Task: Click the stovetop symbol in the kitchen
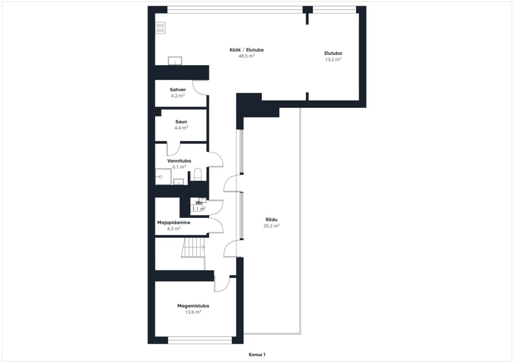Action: tap(160, 28)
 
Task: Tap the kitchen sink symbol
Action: tap(175, 61)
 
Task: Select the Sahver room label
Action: tap(178, 89)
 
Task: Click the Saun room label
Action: tap(181, 122)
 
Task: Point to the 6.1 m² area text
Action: tap(179, 167)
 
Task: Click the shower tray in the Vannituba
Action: tap(163, 177)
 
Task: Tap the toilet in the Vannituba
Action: tap(198, 174)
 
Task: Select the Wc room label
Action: tap(199, 203)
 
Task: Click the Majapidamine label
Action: tap(174, 223)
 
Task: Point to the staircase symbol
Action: tap(193, 247)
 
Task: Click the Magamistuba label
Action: tap(193, 306)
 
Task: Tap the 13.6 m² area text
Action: tap(193, 312)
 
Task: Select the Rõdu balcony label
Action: tap(271, 220)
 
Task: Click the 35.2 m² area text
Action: tap(271, 226)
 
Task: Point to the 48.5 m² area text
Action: tap(247, 56)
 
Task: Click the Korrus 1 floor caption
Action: tap(257, 355)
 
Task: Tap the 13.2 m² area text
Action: tap(333, 60)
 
